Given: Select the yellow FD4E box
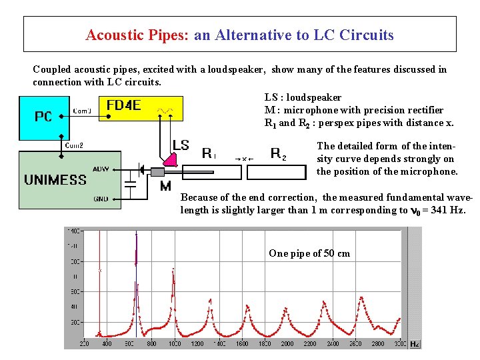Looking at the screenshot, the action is pyautogui.click(x=123, y=106).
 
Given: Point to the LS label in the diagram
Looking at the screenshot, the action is pyautogui.click(x=181, y=145).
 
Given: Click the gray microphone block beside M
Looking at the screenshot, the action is pyautogui.click(x=157, y=172).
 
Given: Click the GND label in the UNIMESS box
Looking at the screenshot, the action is pyautogui.click(x=101, y=199).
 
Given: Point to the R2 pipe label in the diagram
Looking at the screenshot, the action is pyautogui.click(x=279, y=154).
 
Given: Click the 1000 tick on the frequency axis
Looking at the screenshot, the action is pyautogui.click(x=174, y=344).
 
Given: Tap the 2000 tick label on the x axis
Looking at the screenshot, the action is pyautogui.click(x=287, y=344).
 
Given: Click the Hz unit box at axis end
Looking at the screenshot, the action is pyautogui.click(x=414, y=344).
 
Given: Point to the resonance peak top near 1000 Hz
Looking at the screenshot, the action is pyautogui.click(x=174, y=269).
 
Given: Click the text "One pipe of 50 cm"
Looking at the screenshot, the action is pyautogui.click(x=309, y=253).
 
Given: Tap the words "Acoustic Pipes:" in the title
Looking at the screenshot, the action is pyautogui.click(x=137, y=35).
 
